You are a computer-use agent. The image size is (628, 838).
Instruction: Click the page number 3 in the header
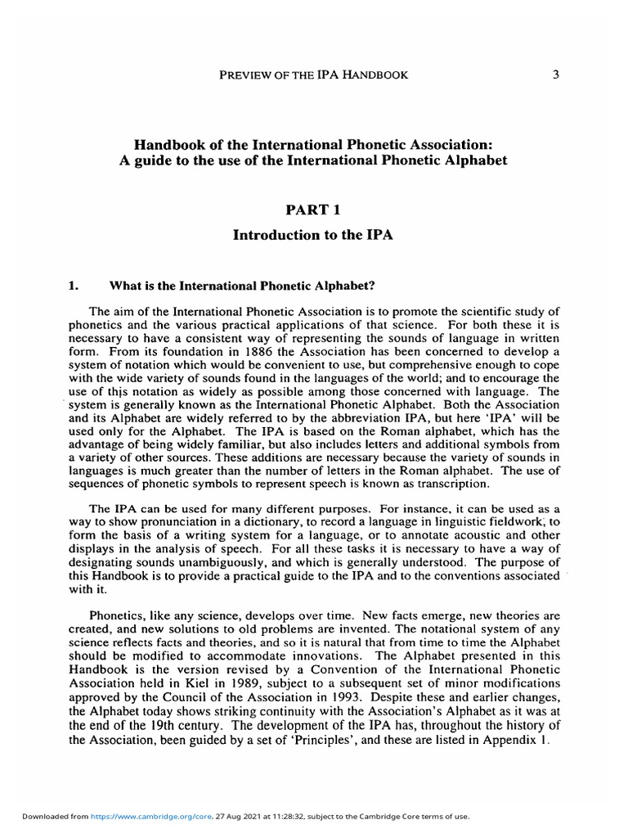[555, 75]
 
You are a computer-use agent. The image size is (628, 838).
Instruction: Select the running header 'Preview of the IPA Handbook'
[314, 75]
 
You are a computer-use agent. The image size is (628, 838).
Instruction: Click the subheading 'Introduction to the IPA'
[314, 235]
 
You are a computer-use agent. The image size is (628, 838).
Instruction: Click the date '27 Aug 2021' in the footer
[202, 817]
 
